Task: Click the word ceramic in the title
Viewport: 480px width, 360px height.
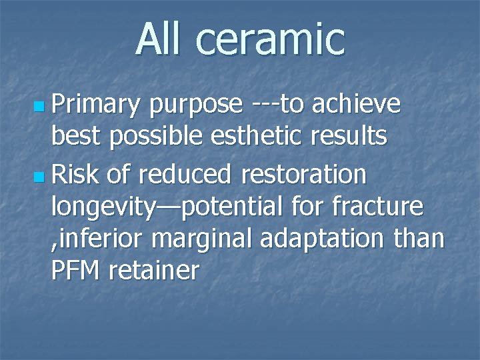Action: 271,40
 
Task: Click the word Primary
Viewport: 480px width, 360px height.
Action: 96,105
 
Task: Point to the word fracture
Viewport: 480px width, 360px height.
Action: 381,207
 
